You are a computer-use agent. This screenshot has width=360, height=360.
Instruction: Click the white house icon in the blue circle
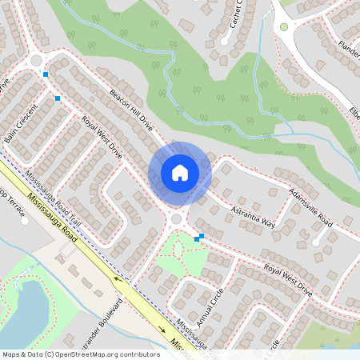179,173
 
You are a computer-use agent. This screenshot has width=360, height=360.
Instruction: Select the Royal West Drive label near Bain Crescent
101,138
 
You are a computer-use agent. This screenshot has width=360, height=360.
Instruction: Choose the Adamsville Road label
312,206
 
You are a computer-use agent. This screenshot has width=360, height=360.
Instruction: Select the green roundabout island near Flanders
283,26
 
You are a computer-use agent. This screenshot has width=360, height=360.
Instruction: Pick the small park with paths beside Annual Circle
181,256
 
